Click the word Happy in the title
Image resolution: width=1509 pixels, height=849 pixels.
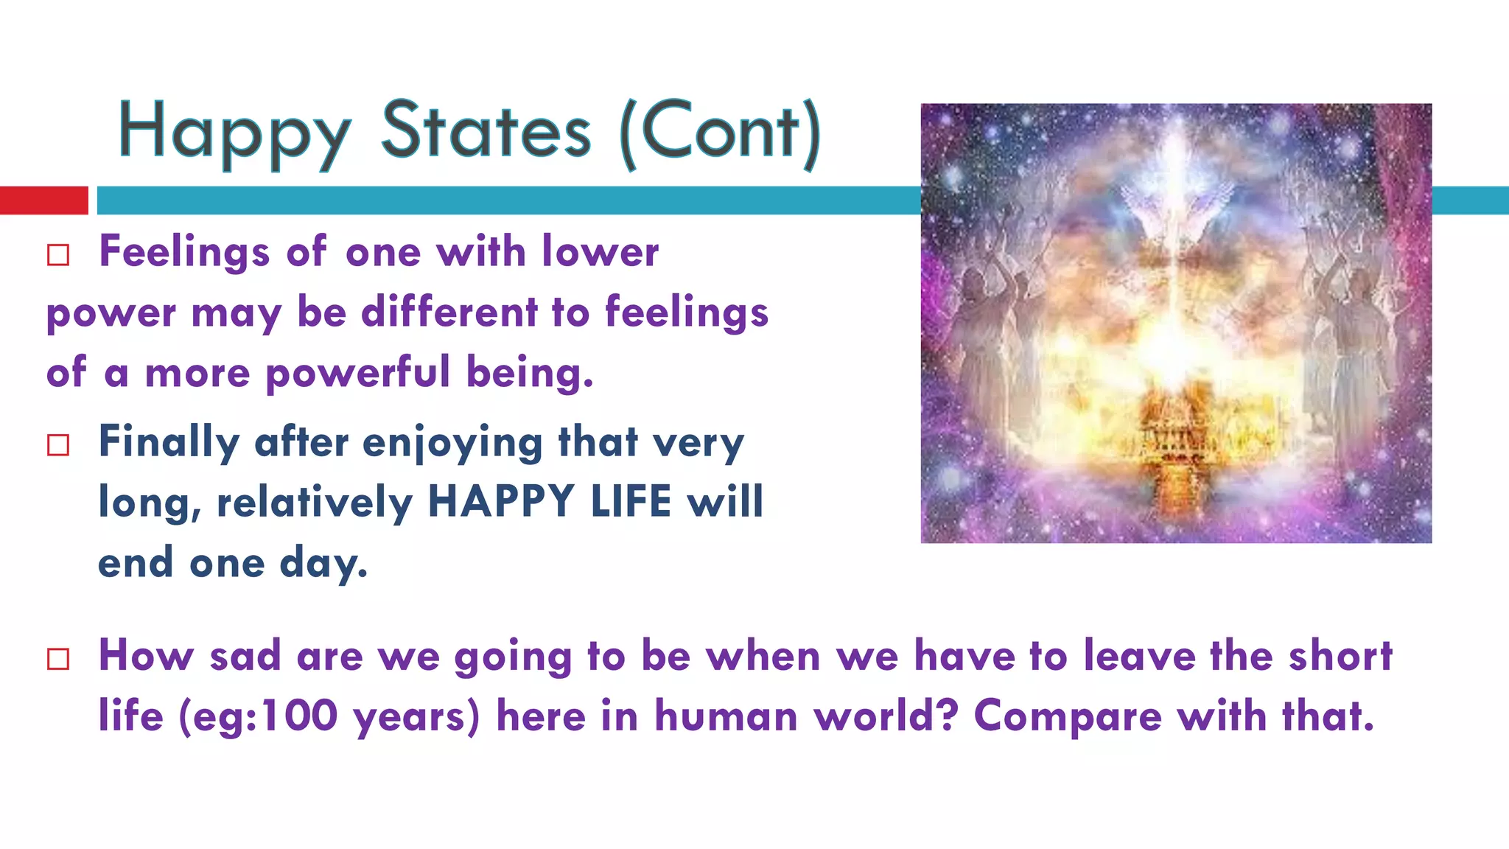pos(234,133)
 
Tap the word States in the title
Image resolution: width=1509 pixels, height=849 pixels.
pos(486,131)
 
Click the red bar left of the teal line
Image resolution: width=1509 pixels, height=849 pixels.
pos(43,200)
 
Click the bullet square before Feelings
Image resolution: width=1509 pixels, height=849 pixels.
pos(58,255)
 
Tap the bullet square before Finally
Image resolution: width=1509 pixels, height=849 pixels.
pos(58,445)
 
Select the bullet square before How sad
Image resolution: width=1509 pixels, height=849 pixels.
pos(58,658)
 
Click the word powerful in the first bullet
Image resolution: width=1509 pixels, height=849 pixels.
pos(357,372)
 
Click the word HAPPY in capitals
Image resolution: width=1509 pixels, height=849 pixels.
pos(501,502)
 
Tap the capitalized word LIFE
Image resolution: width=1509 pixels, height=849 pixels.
pos(631,502)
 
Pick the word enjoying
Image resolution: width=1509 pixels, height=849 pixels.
pos(452,444)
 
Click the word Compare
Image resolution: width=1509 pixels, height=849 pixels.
pos(1068,716)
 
